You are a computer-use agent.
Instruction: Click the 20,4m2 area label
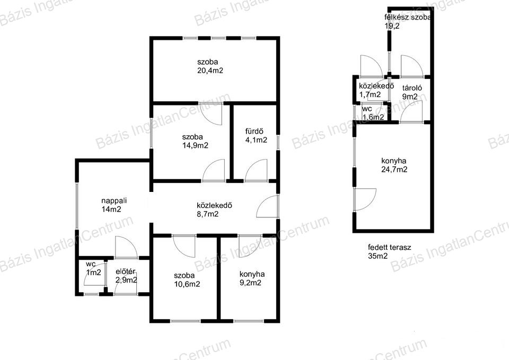210,71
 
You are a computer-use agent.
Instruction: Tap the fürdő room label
254,131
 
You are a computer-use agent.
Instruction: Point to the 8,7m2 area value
207,214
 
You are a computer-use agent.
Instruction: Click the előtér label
125,271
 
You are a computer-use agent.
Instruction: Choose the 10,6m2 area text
187,284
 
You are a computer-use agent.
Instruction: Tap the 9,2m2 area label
250,283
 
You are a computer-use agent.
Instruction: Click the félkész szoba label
408,17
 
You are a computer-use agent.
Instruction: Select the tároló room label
412,88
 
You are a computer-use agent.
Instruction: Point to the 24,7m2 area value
394,169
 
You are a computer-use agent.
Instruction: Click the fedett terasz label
390,248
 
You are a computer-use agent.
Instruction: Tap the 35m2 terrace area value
378,256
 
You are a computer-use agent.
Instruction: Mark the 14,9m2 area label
195,145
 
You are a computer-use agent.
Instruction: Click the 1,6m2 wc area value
373,117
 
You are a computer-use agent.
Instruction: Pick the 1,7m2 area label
370,94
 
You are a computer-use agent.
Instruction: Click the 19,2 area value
392,26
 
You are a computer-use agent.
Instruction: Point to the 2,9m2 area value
126,280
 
